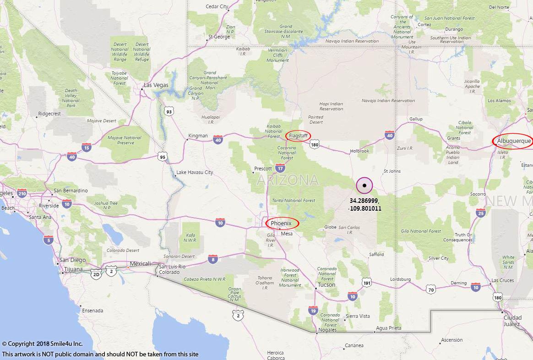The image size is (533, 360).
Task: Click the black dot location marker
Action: [x=364, y=185]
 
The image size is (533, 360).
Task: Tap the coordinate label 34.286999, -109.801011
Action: [x=364, y=204]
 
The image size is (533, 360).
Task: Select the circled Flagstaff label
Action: [x=298, y=136]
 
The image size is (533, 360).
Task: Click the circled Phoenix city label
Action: [x=282, y=223]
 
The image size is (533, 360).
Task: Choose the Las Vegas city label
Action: [x=156, y=85]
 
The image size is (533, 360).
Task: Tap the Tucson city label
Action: [x=326, y=284]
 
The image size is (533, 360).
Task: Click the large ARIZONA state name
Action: [x=288, y=180]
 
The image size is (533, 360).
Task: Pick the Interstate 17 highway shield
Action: [x=280, y=168]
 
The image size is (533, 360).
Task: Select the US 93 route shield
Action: [x=169, y=111]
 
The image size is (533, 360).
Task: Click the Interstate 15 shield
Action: [x=87, y=147]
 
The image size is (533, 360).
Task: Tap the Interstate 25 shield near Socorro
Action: [x=481, y=212]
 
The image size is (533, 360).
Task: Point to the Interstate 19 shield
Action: [x=313, y=310]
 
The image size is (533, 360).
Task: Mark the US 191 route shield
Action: [x=366, y=283]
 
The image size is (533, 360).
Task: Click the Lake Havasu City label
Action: [x=195, y=173]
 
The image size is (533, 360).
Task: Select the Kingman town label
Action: [x=198, y=136]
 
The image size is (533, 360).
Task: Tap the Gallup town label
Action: [x=416, y=119]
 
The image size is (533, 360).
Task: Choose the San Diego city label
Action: [x=73, y=260]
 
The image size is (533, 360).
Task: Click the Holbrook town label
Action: [x=359, y=151]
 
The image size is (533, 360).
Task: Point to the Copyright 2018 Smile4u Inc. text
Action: [x=42, y=344]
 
